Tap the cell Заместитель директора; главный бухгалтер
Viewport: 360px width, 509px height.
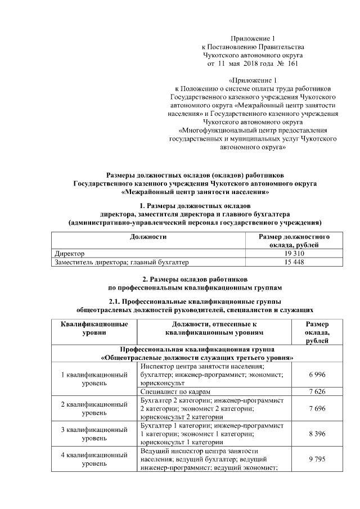121,262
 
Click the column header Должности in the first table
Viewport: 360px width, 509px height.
148,237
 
